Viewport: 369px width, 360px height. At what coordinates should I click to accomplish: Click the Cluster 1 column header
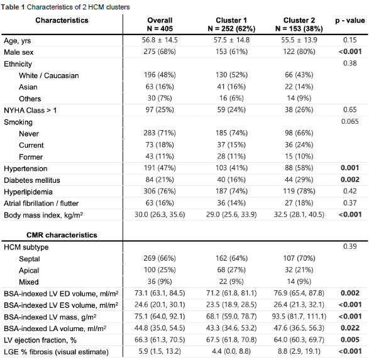pyautogui.click(x=231, y=25)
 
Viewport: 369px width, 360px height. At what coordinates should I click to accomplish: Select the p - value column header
pyautogui.click(x=350, y=21)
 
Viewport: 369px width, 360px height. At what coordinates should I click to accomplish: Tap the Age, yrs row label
pyautogui.click(x=18, y=41)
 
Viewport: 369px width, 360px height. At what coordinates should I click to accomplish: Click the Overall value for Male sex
pyautogui.click(x=160, y=52)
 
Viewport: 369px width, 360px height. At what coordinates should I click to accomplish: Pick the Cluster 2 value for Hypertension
pyautogui.click(x=299, y=168)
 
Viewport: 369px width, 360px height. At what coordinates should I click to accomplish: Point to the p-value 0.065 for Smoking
pyautogui.click(x=350, y=121)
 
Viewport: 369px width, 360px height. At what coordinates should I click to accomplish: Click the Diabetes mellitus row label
pyautogui.click(x=32, y=180)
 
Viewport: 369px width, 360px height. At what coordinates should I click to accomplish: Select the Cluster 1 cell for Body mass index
pyautogui.click(x=231, y=214)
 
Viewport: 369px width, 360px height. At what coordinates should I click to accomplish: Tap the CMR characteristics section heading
pyautogui.click(x=62, y=235)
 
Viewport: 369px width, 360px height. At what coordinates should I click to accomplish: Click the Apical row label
pyautogui.click(x=29, y=270)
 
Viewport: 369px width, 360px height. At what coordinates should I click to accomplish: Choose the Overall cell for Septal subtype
pyautogui.click(x=160, y=258)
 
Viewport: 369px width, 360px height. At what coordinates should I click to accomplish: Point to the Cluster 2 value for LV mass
pyautogui.click(x=299, y=316)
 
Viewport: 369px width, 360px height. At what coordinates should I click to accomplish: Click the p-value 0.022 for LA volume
pyautogui.click(x=350, y=328)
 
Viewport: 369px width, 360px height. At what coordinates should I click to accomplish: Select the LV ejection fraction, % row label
pyautogui.click(x=40, y=340)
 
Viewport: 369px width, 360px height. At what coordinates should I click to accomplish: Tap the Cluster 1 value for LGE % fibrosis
pyautogui.click(x=231, y=351)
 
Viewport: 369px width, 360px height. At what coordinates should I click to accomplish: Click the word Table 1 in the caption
pyautogui.click(x=13, y=7)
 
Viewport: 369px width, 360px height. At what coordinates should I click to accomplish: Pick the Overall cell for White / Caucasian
pyautogui.click(x=160, y=75)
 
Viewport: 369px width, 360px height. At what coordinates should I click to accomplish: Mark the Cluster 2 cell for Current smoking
pyautogui.click(x=299, y=145)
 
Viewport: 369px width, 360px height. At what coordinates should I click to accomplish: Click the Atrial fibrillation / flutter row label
pyautogui.click(x=41, y=204)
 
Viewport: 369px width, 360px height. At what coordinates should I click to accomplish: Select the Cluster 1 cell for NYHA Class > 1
pyautogui.click(x=231, y=109)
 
